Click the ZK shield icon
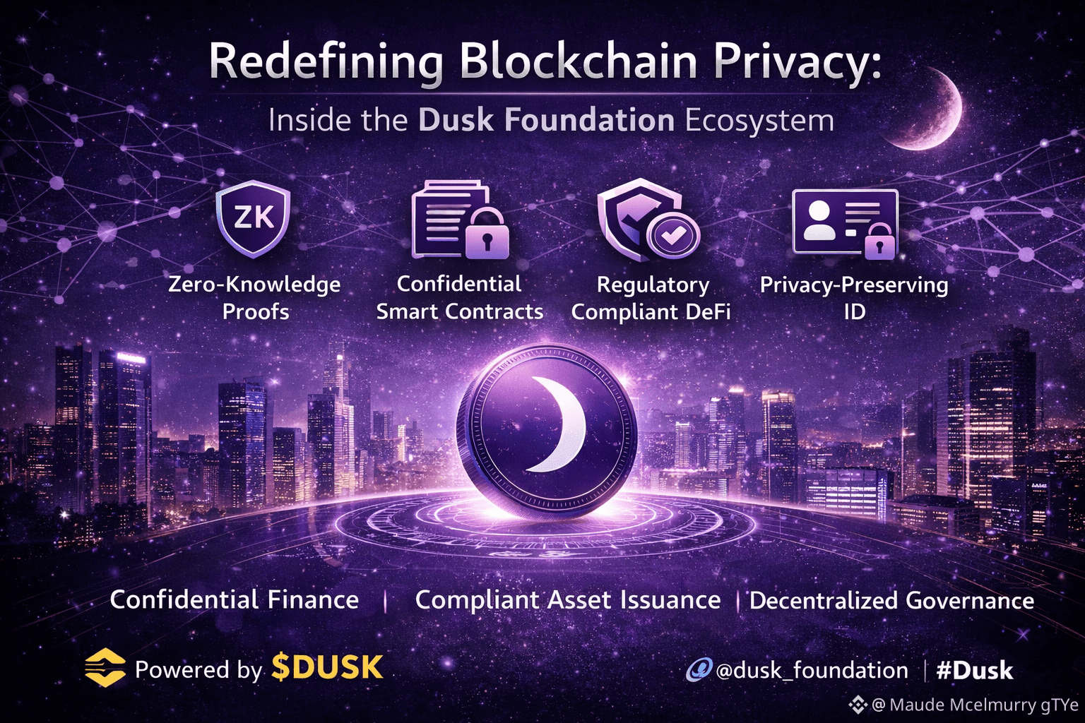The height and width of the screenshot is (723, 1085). [254, 219]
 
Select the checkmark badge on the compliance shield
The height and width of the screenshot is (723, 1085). [672, 235]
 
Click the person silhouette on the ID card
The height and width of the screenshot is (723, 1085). [819, 221]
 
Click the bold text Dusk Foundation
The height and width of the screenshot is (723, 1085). [546, 120]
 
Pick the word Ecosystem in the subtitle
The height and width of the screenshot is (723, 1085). [759, 121]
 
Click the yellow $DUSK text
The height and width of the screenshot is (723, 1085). [328, 667]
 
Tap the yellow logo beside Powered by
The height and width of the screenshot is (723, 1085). [105, 667]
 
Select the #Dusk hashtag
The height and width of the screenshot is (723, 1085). [975, 671]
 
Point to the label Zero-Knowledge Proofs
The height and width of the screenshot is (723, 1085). [255, 297]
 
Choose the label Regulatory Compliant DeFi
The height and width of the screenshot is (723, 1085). [651, 298]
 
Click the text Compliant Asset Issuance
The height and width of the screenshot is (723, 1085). [568, 600]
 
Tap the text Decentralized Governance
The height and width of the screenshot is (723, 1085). [891, 600]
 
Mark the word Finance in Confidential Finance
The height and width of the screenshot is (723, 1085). [313, 599]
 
